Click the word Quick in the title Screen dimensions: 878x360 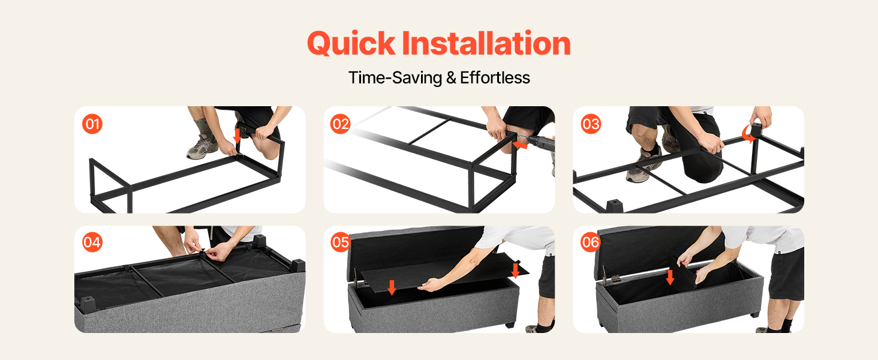pos(351,44)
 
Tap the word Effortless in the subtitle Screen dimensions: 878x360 pos(495,77)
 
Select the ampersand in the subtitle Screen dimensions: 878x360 pos(451,77)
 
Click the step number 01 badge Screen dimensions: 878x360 pos(92,124)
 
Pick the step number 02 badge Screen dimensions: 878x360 pos(340,124)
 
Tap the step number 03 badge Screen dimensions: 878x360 pos(591,124)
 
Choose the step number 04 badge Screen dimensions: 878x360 pos(92,242)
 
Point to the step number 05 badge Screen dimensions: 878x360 pos(340,242)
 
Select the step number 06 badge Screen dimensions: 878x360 pos(591,242)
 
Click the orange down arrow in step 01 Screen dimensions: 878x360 pos(237,135)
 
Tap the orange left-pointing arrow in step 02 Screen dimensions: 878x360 pos(520,145)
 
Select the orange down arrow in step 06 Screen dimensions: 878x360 pos(670,277)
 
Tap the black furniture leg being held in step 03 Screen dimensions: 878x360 pos(756,130)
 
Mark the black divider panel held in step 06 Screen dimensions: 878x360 pos(684,273)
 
